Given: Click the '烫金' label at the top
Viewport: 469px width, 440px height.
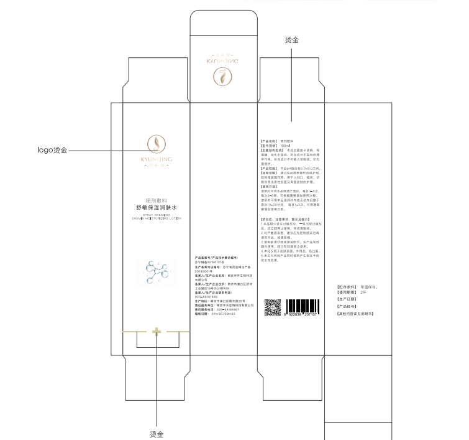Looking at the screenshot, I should [x=291, y=40].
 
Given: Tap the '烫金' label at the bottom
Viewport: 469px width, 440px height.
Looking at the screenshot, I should [x=157, y=434].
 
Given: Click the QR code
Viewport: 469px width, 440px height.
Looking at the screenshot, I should [x=273, y=307].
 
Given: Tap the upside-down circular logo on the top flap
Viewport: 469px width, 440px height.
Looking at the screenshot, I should [x=223, y=78].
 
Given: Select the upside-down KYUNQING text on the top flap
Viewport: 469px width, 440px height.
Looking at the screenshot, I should [x=223, y=63].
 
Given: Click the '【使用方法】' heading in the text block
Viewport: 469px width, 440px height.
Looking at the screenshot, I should [x=271, y=186].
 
